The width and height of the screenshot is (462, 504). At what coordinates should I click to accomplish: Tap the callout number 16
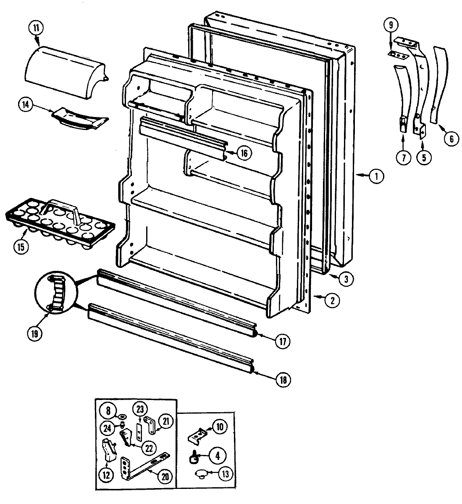click(x=244, y=153)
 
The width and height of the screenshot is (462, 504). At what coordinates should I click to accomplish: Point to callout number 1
click(x=376, y=177)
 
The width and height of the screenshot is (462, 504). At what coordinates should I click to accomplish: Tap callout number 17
click(x=283, y=341)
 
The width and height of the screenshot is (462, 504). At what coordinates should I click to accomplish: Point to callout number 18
click(x=283, y=380)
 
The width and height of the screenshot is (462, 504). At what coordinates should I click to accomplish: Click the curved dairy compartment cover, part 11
click(x=65, y=75)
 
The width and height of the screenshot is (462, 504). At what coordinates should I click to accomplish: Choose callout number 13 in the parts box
click(x=225, y=474)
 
